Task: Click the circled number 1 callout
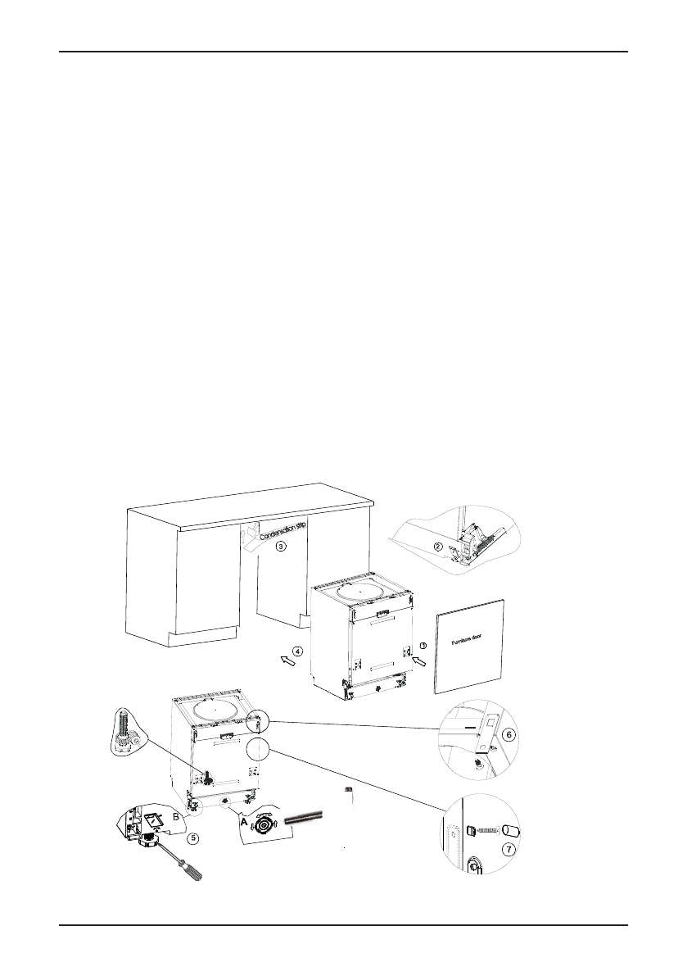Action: tap(423, 646)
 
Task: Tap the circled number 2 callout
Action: tap(438, 547)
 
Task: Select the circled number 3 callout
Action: tap(280, 546)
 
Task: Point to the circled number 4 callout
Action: tap(297, 651)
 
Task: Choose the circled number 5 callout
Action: tap(192, 838)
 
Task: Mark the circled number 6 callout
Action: tap(508, 734)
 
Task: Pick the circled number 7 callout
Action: tap(509, 850)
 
